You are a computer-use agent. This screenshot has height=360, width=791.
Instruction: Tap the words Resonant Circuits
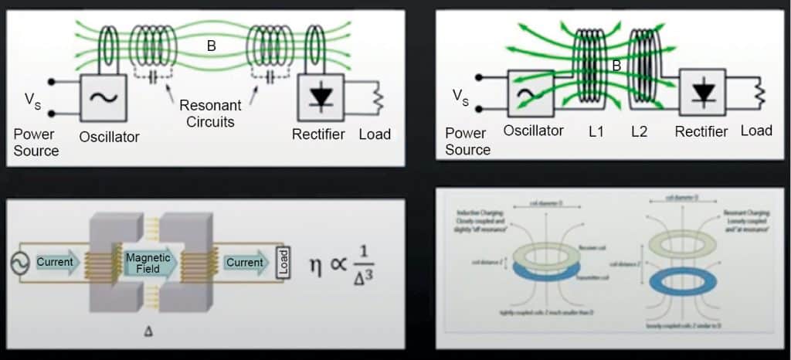(210, 112)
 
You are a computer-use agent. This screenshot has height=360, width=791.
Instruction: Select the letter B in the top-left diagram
(211, 46)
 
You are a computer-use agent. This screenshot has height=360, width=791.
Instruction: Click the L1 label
(596, 132)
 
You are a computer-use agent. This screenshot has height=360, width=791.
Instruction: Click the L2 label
(639, 132)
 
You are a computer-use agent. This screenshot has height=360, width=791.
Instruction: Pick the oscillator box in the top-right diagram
(531, 93)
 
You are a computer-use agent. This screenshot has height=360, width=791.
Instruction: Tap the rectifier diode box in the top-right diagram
(702, 92)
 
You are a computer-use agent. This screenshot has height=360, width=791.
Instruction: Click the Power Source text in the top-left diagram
(36, 142)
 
